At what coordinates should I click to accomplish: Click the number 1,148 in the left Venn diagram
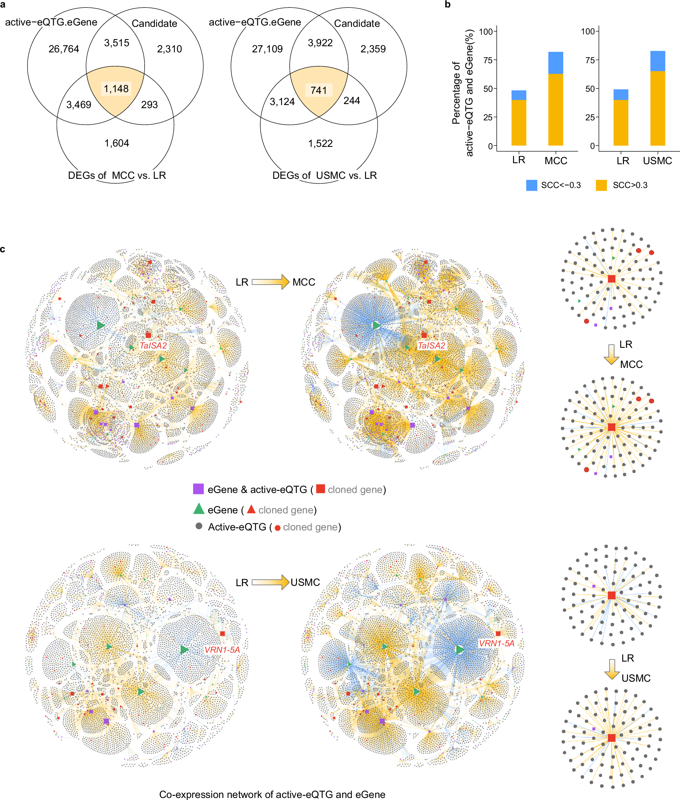[x=116, y=89]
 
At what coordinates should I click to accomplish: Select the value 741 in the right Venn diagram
[x=318, y=90]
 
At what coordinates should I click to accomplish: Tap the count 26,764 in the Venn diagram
[x=64, y=49]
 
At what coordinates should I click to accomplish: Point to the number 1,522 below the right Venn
[x=320, y=143]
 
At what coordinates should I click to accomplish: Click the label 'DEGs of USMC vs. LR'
[x=324, y=175]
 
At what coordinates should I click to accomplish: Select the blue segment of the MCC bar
[x=555, y=63]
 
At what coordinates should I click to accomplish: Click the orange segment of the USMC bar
[x=657, y=108]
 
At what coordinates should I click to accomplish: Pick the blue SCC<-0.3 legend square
[x=532, y=185]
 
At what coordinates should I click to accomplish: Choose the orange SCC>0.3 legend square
[x=601, y=185]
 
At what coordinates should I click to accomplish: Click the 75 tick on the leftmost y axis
[x=488, y=60]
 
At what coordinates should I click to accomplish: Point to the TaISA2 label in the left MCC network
[x=153, y=346]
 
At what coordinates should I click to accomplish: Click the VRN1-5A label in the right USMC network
[x=497, y=643]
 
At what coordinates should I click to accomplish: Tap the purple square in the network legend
[x=198, y=489]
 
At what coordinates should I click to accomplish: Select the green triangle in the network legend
[x=199, y=509]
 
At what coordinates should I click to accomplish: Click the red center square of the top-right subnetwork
[x=611, y=278]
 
